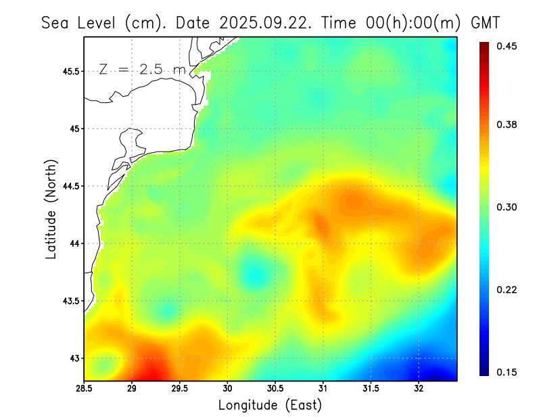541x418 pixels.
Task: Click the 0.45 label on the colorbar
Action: (x=508, y=46)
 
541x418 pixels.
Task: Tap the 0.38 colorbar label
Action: (x=508, y=124)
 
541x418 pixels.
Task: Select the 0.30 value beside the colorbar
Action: (x=508, y=207)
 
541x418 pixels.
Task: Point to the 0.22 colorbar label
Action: (x=508, y=289)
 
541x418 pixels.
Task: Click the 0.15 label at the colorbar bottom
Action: (x=508, y=372)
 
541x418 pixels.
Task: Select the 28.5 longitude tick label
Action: (x=85, y=389)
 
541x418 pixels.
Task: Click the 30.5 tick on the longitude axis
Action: (x=275, y=389)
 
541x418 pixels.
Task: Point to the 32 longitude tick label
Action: (x=419, y=389)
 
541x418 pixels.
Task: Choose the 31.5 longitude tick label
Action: (x=371, y=389)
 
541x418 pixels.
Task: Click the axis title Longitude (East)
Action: (x=270, y=405)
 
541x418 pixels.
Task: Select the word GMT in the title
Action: (x=485, y=22)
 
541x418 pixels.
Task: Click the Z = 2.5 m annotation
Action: (x=141, y=69)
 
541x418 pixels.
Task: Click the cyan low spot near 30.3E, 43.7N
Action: (x=254, y=274)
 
